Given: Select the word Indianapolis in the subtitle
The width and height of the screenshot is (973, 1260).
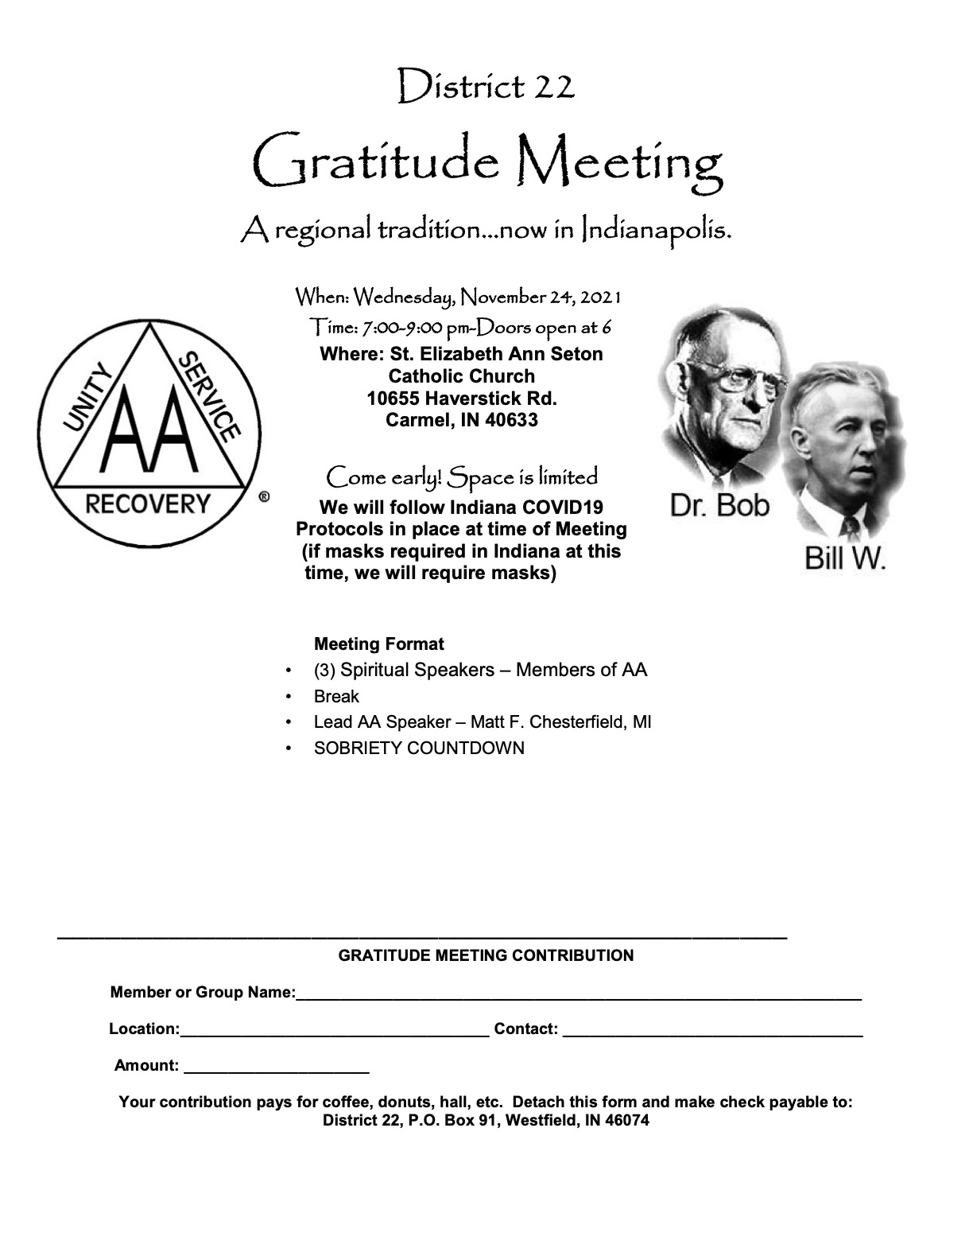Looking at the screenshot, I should (656, 231).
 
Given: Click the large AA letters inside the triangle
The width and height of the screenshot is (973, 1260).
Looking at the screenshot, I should (149, 434).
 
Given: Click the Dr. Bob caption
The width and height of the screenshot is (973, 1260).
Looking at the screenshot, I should (719, 506).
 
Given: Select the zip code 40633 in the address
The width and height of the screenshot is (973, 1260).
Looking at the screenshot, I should (511, 420).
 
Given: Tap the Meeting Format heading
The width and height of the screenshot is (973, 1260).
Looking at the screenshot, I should (379, 644).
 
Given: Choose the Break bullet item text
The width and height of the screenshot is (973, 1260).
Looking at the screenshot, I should (336, 697).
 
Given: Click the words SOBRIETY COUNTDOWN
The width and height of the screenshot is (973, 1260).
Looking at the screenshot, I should (419, 749).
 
